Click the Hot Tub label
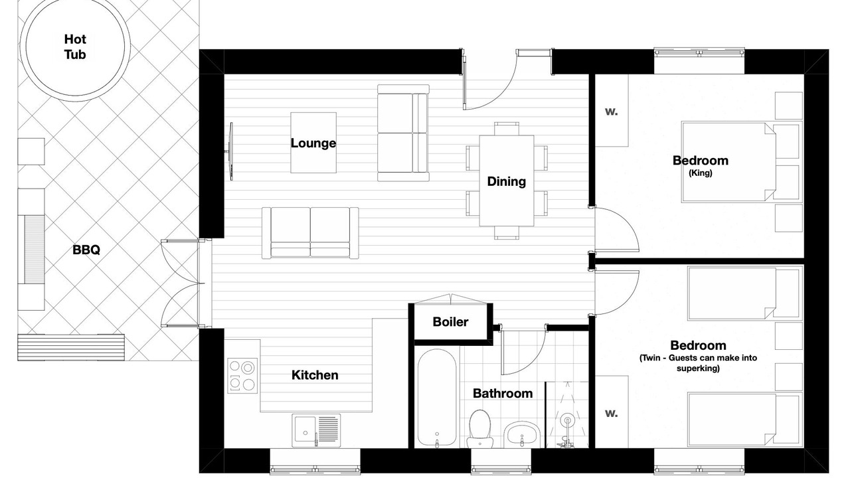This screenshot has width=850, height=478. pyautogui.click(x=75, y=46)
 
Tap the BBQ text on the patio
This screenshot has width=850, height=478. pyautogui.click(x=86, y=250)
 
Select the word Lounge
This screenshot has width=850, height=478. pyautogui.click(x=313, y=143)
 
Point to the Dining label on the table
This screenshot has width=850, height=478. pyautogui.click(x=507, y=181)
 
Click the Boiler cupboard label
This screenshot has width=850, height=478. pyautogui.click(x=450, y=322)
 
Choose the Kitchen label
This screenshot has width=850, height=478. pyautogui.click(x=315, y=375)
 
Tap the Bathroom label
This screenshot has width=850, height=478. pyautogui.click(x=503, y=394)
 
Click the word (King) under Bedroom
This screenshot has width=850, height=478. pyautogui.click(x=701, y=173)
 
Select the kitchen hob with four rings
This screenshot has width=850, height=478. pyautogui.click(x=242, y=376)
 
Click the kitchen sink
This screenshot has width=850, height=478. pyautogui.click(x=316, y=431)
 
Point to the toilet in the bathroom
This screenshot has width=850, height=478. pyautogui.click(x=479, y=429)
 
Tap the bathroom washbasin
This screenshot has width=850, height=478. pyautogui.click(x=522, y=434)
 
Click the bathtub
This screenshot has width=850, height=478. pyautogui.click(x=437, y=397)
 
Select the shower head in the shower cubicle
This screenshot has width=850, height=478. pyautogui.click(x=567, y=421)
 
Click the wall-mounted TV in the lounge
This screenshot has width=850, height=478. pyautogui.click(x=230, y=151)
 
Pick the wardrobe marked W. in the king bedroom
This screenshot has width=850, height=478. pyautogui.click(x=612, y=111)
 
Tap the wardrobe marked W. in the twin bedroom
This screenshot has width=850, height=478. pyautogui.click(x=612, y=412)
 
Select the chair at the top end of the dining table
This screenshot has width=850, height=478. pyautogui.click(x=507, y=129)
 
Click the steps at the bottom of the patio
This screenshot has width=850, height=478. pyautogui.click(x=71, y=347)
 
